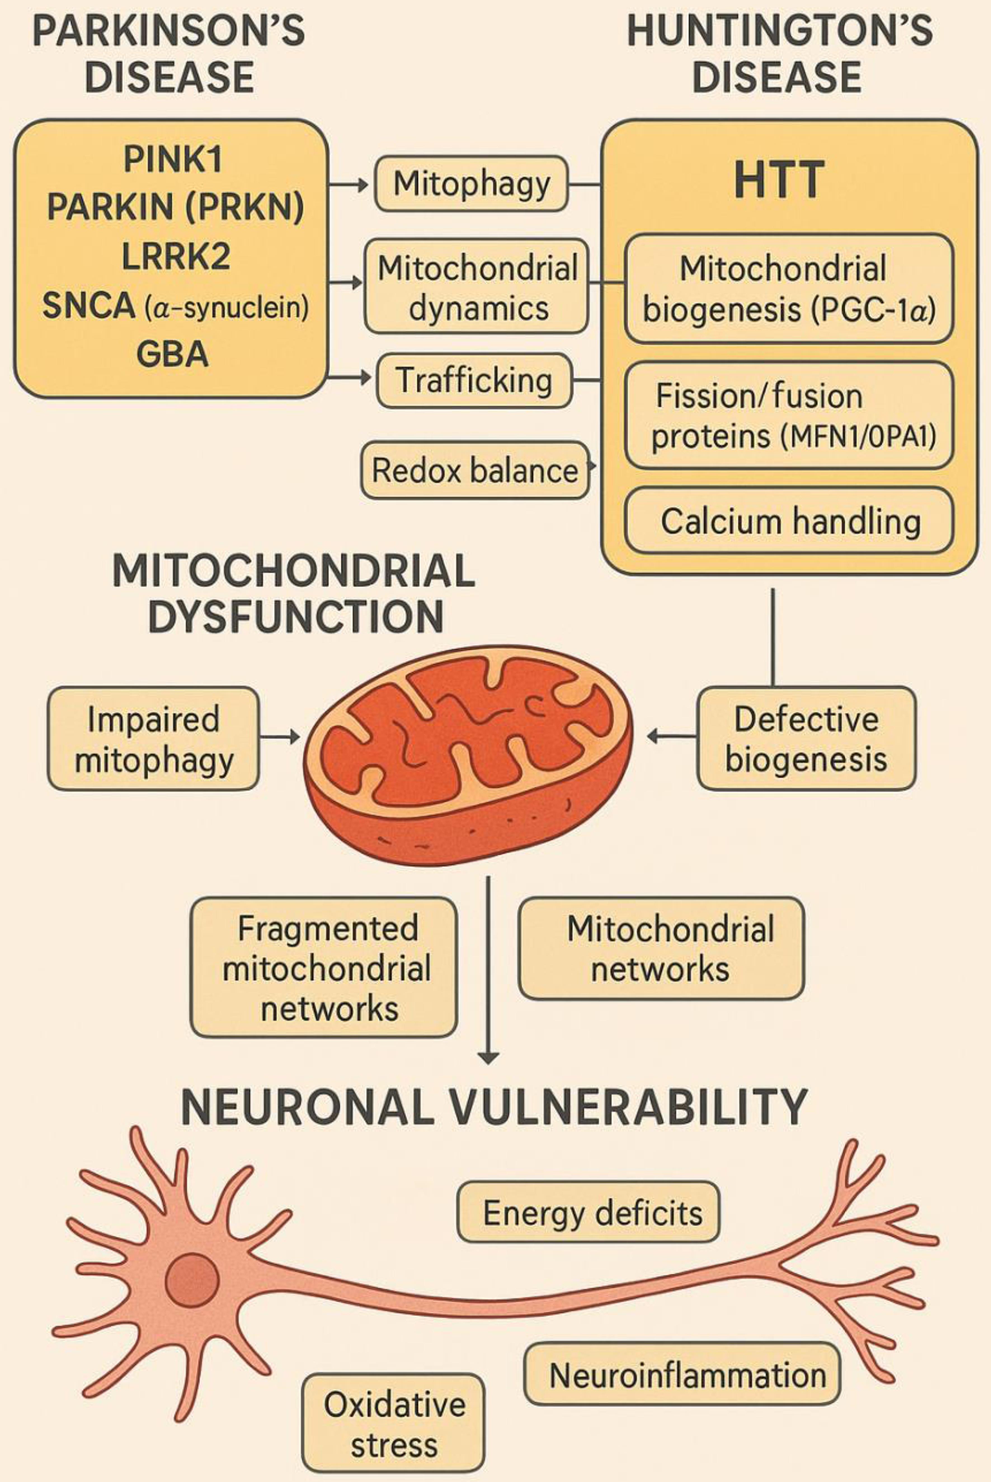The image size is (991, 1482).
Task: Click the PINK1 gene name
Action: (173, 159)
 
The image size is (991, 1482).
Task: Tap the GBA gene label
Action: (172, 354)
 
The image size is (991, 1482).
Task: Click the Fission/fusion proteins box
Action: (789, 415)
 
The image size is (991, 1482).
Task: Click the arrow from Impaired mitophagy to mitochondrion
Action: (279, 736)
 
